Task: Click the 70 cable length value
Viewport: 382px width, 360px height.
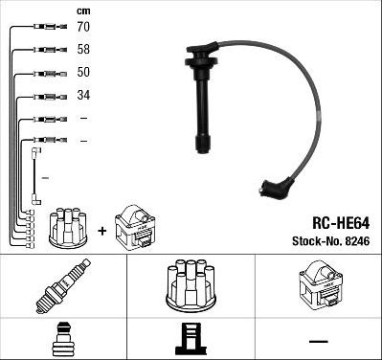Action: click(84, 28)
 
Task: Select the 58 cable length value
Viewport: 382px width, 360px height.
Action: click(84, 50)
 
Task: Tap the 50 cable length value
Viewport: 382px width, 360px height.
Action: click(84, 73)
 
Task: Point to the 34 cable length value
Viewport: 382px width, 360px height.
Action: click(84, 96)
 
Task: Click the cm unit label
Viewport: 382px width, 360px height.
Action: click(82, 11)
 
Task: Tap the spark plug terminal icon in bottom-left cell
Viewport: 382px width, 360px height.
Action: click(61, 339)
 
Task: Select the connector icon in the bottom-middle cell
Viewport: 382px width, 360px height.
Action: click(191, 340)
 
